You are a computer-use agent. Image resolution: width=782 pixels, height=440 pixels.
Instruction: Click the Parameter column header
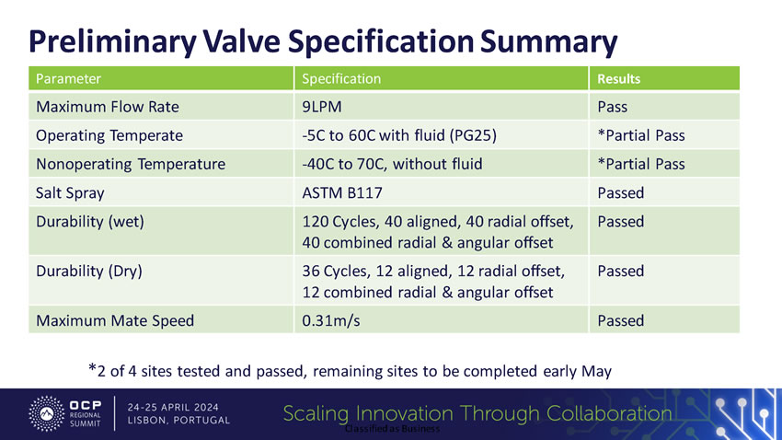pyautogui.click(x=68, y=79)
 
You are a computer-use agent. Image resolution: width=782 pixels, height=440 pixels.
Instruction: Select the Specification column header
pyautogui.click(x=341, y=79)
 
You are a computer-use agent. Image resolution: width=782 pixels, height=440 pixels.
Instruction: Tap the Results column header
pyautogui.click(x=619, y=79)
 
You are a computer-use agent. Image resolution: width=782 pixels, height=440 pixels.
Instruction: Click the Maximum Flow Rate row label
pyautogui.click(x=107, y=107)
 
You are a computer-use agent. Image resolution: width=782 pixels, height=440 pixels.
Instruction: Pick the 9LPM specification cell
pyautogui.click(x=321, y=107)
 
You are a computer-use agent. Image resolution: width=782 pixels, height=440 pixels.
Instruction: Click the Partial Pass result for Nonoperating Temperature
pyautogui.click(x=641, y=165)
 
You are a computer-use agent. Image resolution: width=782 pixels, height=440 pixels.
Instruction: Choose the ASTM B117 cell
pyautogui.click(x=343, y=193)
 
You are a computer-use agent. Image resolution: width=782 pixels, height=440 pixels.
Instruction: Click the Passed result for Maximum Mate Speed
pyautogui.click(x=621, y=321)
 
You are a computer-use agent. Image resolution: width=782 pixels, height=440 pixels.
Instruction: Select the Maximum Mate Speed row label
pyautogui.click(x=115, y=321)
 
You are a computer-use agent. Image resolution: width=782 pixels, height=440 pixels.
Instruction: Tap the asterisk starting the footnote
pyautogui.click(x=92, y=369)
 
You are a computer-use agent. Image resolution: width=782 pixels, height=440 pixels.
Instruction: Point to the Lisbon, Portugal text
pyautogui.click(x=178, y=421)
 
